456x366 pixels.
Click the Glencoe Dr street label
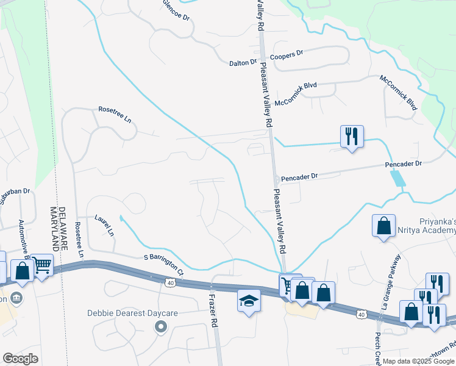click(x=177, y=10)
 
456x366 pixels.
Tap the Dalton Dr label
click(x=243, y=63)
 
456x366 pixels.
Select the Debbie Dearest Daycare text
click(x=132, y=314)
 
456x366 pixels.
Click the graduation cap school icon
click(x=248, y=301)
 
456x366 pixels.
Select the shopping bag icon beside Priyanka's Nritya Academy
click(x=383, y=226)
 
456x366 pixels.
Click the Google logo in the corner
click(x=20, y=359)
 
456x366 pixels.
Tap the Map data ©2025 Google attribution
click(x=418, y=361)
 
